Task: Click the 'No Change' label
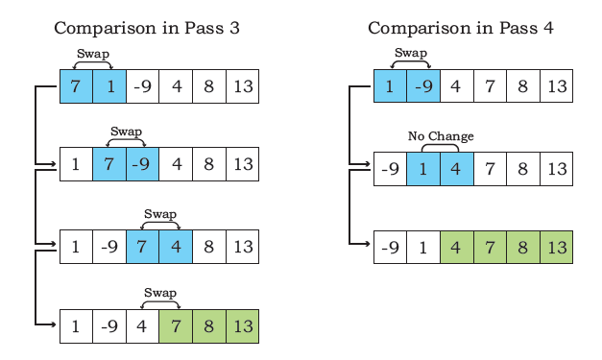(441, 136)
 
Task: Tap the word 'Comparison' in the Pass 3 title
(104, 28)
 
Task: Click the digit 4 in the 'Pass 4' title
(548, 28)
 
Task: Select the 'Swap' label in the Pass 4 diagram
(411, 53)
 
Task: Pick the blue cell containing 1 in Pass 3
(109, 86)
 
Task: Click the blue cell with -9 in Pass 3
(142, 164)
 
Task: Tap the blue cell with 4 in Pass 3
(176, 247)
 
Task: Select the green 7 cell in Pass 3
(176, 326)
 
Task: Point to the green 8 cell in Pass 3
(209, 326)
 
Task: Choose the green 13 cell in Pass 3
(243, 326)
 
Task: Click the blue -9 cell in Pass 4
(423, 86)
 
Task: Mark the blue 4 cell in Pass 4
(457, 169)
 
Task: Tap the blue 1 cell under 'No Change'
(423, 169)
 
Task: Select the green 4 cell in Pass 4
(457, 247)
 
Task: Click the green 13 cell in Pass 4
(557, 247)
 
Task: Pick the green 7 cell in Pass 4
(491, 247)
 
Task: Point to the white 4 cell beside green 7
(142, 326)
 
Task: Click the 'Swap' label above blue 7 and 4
(160, 214)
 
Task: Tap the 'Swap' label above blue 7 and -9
(127, 132)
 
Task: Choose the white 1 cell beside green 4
(423, 247)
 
